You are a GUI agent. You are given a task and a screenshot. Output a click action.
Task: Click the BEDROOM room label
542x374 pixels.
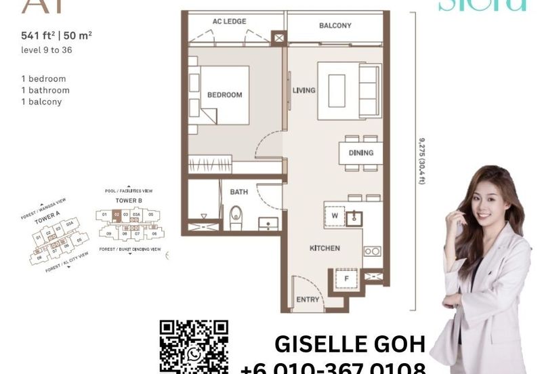tap(224, 95)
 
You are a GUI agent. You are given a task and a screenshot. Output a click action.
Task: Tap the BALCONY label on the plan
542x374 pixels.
tap(335, 26)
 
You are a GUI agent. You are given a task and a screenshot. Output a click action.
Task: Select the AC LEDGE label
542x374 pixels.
tap(229, 22)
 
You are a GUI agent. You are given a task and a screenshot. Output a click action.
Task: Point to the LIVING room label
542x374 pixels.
tap(304, 90)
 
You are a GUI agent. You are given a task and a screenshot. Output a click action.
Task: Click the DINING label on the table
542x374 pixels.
tap(360, 153)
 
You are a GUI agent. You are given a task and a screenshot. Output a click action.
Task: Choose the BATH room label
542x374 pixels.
tap(238, 192)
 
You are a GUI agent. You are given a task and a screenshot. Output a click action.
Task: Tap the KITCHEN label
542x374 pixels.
tap(325, 249)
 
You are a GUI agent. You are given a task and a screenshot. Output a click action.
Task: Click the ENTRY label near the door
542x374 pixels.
tap(308, 299)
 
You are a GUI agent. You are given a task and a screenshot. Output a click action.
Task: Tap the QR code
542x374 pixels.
tap(193, 346)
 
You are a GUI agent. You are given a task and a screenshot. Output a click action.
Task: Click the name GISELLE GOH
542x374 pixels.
tap(350, 344)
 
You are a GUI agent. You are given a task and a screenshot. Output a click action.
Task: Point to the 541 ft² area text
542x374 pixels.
tap(39, 47)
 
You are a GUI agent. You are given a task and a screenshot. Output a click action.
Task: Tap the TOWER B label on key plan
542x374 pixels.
tap(128, 201)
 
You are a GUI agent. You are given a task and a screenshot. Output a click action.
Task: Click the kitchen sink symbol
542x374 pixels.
tap(354, 217)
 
